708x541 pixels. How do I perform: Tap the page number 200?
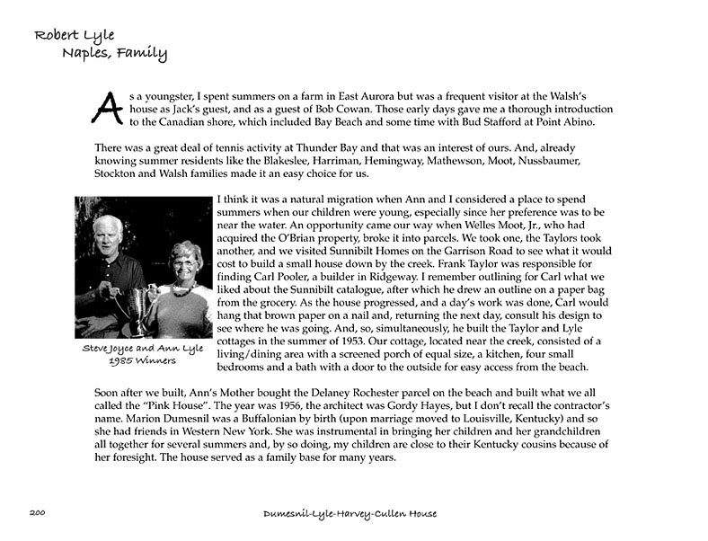point(37,513)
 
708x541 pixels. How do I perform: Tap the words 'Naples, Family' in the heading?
point(115,53)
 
